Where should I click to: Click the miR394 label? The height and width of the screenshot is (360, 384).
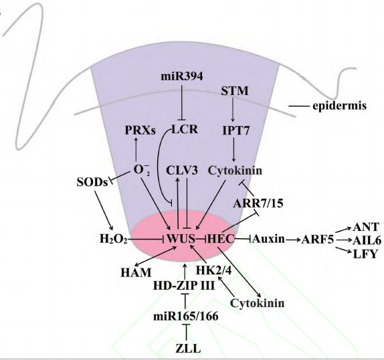click(x=182, y=76)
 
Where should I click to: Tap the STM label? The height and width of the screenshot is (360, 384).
click(x=235, y=91)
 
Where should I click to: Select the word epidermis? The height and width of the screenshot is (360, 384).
click(x=339, y=106)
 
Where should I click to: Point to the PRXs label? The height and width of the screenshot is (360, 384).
click(x=140, y=130)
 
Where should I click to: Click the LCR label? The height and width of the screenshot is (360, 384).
click(x=185, y=129)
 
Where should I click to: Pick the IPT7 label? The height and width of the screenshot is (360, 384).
click(x=236, y=130)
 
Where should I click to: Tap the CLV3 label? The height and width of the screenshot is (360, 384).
click(x=182, y=171)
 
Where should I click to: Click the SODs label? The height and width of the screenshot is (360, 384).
click(x=92, y=182)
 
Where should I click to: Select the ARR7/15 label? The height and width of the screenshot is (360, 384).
click(x=258, y=203)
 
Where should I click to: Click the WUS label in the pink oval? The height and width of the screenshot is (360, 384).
click(x=181, y=238)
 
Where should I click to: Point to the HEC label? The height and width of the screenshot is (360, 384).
click(x=221, y=238)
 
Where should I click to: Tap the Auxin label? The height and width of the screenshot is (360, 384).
click(x=268, y=238)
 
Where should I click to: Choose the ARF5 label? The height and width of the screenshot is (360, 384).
click(x=318, y=240)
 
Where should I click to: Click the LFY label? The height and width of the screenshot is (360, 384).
click(x=365, y=254)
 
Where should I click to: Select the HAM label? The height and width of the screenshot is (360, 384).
click(x=136, y=272)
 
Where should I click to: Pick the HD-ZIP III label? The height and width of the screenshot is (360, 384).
click(x=184, y=286)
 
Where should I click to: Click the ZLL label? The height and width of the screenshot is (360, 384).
click(x=188, y=348)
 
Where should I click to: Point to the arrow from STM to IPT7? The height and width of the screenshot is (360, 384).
click(x=233, y=109)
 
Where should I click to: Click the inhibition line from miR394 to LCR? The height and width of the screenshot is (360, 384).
click(x=182, y=102)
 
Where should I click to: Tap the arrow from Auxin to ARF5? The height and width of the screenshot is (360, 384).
click(x=293, y=239)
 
